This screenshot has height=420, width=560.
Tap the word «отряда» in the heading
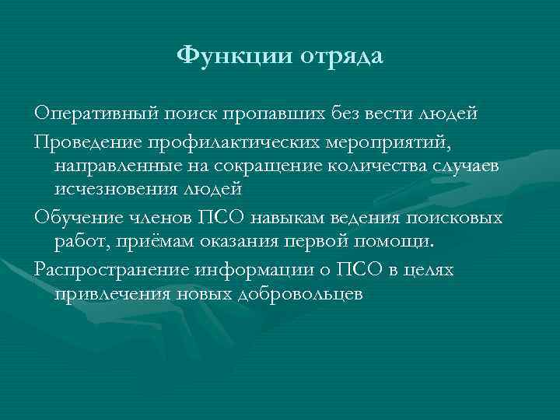(x=340, y=56)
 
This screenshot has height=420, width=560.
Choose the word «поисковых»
(x=460, y=217)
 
